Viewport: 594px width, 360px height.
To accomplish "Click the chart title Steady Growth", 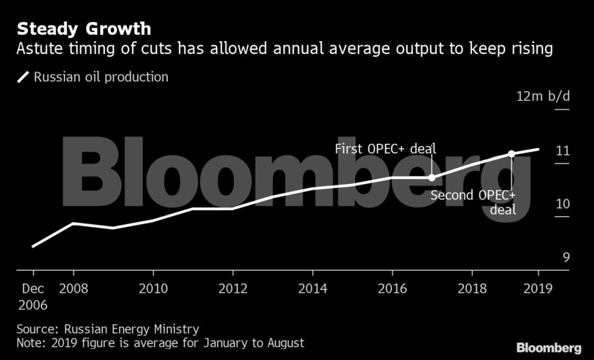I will (x=84, y=30).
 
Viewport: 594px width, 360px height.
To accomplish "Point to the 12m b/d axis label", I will (x=542, y=96).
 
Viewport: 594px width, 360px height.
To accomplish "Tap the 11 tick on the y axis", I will (x=562, y=151).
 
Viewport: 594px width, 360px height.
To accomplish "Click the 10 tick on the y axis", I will (x=562, y=204).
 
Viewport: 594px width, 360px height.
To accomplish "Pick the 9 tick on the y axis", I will (x=565, y=258).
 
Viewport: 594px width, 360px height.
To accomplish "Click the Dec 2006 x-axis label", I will (x=34, y=295).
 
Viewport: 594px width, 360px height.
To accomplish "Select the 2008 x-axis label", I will (x=73, y=288).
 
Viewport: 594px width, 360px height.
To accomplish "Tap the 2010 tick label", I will (x=153, y=288).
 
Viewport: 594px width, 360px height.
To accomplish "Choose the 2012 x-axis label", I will (x=233, y=288).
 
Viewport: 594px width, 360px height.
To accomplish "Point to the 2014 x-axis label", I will (x=312, y=288).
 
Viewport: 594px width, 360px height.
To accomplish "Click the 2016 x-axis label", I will (x=392, y=288).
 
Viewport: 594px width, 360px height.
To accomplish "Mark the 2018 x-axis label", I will (x=471, y=288).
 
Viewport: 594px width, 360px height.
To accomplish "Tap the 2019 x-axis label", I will (x=538, y=288).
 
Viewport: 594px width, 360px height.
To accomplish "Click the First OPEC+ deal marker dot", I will (x=431, y=177).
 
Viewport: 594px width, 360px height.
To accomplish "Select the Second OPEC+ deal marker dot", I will (x=511, y=154).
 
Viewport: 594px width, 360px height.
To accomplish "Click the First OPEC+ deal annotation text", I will (x=385, y=149).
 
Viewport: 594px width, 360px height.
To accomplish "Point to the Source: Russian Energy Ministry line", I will (x=108, y=329).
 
